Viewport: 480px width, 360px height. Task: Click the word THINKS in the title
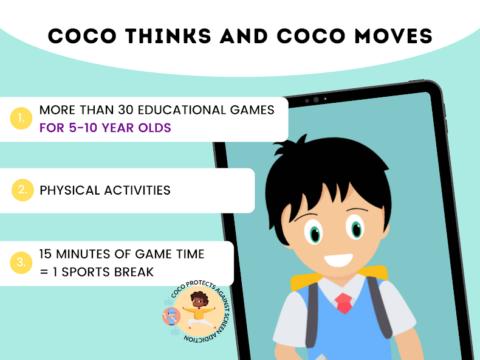coord(168,36)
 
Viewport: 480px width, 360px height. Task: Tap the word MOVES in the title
coord(393,36)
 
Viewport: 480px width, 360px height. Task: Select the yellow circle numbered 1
coord(21,118)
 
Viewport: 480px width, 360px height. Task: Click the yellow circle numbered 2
coord(22,190)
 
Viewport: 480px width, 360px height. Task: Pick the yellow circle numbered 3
coord(21,263)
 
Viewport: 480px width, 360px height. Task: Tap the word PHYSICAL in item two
coord(70,190)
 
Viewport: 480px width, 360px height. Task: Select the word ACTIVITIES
coord(137,190)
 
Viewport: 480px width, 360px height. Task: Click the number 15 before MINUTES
coord(46,254)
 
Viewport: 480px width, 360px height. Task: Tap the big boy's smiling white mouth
coord(338,260)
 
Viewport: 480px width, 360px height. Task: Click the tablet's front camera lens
coord(316,100)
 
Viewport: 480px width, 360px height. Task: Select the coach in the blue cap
coord(171,316)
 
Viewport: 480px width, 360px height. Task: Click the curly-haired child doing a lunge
coord(199,310)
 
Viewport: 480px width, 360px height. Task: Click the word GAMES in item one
coord(252,110)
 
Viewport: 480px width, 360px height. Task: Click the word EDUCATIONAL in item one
coord(182,110)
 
